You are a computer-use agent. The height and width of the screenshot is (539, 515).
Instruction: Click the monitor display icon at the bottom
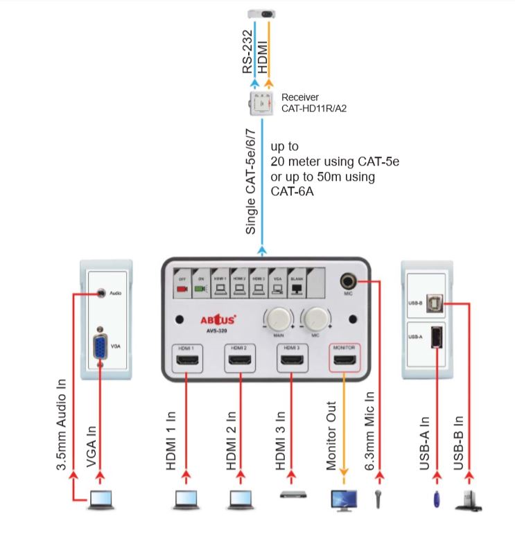click(344, 500)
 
